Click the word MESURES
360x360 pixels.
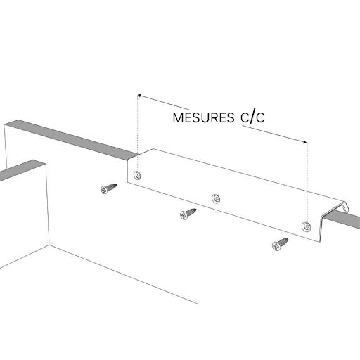[203, 117]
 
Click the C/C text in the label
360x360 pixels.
[252, 117]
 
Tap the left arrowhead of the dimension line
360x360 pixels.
[139, 96]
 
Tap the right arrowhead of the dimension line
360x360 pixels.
[304, 141]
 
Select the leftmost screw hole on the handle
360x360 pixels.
[137, 175]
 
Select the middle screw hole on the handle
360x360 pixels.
[216, 199]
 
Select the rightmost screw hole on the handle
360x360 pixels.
[307, 226]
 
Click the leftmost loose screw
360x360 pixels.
[108, 188]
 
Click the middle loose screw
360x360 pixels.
[188, 214]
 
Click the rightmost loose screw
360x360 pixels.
[280, 245]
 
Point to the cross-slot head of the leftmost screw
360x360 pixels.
[104, 190]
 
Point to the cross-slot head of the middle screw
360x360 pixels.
[184, 215]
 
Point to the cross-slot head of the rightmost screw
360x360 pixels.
[276, 246]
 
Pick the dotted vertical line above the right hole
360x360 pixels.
[307, 182]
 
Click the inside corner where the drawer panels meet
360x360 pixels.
[49, 245]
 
